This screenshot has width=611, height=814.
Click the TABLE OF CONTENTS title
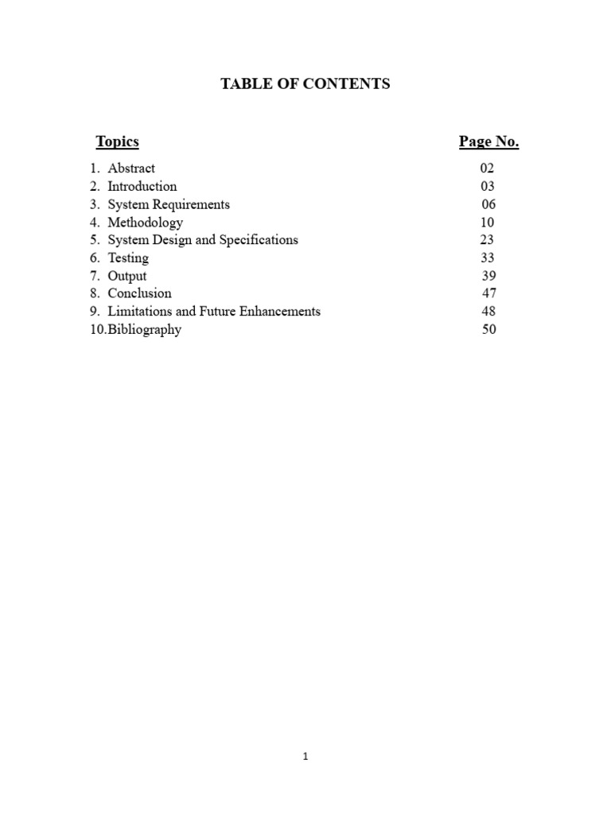tap(305, 83)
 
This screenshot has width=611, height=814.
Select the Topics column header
tap(117, 141)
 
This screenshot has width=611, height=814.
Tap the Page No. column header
tap(488, 141)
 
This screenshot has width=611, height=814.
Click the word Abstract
tap(131, 169)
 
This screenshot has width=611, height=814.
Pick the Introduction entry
tap(142, 186)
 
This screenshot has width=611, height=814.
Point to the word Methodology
tap(145, 222)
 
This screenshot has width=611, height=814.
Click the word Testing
tap(128, 258)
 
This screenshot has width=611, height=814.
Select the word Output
tap(127, 276)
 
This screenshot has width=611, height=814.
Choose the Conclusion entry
tap(139, 293)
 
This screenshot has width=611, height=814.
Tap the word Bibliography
tap(145, 329)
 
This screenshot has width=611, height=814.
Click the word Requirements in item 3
tap(191, 204)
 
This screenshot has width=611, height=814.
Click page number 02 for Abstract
tap(486, 169)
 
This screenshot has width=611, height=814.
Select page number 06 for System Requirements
tap(488, 204)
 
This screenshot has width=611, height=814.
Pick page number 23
tap(487, 240)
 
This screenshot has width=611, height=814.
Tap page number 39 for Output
tap(488, 276)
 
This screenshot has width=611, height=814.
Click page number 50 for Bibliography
tap(488, 329)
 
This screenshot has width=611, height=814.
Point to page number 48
tap(488, 312)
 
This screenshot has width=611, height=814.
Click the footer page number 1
tap(305, 757)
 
